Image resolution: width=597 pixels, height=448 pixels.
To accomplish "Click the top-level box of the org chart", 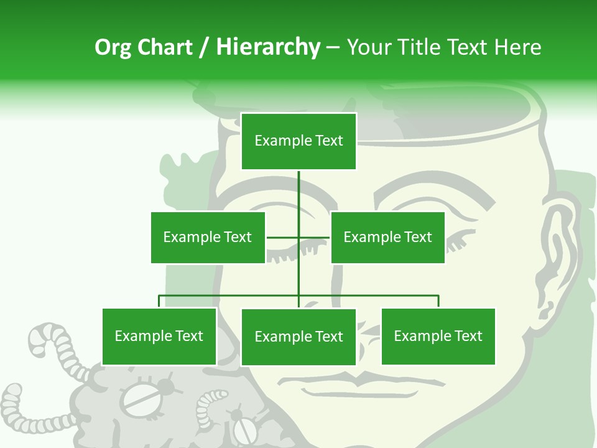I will pyautogui.click(x=298, y=141).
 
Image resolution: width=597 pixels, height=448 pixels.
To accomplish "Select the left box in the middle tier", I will pyautogui.click(x=208, y=237).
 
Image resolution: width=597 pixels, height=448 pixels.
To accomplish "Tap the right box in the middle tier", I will pyautogui.click(x=387, y=237).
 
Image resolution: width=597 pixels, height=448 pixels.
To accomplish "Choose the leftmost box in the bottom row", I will pyautogui.click(x=159, y=336).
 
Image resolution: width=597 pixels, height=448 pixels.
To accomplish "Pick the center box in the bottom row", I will pyautogui.click(x=298, y=337).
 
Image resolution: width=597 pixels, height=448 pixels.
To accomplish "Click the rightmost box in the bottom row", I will pyautogui.click(x=438, y=336).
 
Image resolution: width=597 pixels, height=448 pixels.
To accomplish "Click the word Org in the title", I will pyautogui.click(x=113, y=47).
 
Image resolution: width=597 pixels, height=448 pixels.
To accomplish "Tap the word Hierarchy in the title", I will pyautogui.click(x=268, y=47).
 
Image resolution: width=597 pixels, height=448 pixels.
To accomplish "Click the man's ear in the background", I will pyautogui.click(x=557, y=249).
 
